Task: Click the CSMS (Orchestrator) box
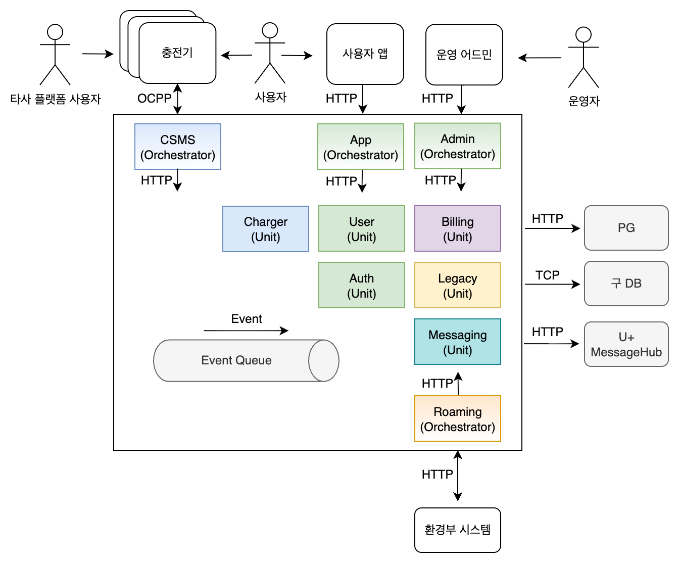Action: [178, 147]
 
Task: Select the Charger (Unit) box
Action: [266, 229]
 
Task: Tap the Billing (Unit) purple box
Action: [458, 228]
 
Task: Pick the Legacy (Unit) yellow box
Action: [458, 285]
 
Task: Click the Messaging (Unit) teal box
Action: [458, 342]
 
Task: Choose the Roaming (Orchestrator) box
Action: [458, 418]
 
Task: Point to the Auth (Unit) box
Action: [362, 285]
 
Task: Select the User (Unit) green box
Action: [362, 228]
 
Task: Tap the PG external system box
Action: [626, 228]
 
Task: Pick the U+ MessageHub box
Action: [626, 344]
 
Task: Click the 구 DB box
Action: [626, 284]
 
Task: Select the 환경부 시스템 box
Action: [458, 530]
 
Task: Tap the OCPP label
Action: [154, 99]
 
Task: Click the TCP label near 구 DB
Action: [548, 275]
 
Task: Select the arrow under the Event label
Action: [246, 331]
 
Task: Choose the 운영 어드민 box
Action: [464, 55]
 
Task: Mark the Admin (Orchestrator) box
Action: [458, 146]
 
